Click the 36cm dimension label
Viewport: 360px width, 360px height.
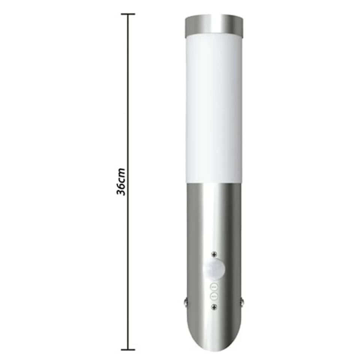pyautogui.click(x=121, y=182)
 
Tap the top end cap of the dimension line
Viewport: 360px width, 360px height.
pyautogui.click(x=128, y=14)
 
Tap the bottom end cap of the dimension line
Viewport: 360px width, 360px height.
pyautogui.click(x=128, y=349)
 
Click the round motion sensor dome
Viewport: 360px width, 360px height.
pyautogui.click(x=214, y=269)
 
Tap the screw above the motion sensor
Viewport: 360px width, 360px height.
pyautogui.click(x=214, y=254)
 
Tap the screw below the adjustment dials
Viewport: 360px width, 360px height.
pyautogui.click(x=214, y=306)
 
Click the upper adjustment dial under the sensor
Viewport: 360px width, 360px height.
pyautogui.click(x=214, y=287)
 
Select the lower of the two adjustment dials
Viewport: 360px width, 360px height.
pyautogui.click(x=214, y=296)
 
